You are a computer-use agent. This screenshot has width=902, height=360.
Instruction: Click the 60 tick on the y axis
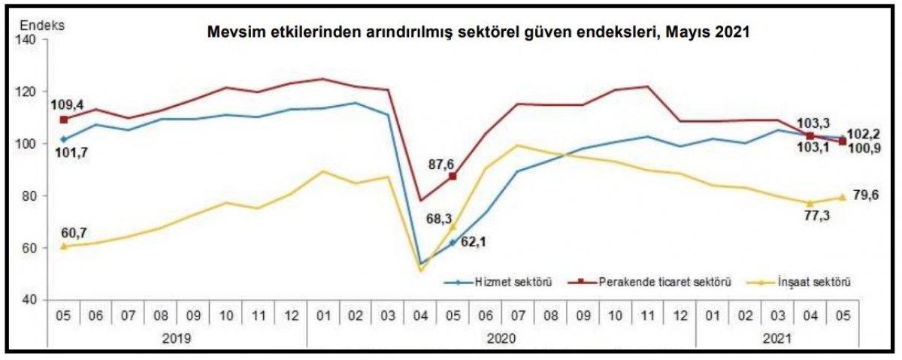click(30, 248)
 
